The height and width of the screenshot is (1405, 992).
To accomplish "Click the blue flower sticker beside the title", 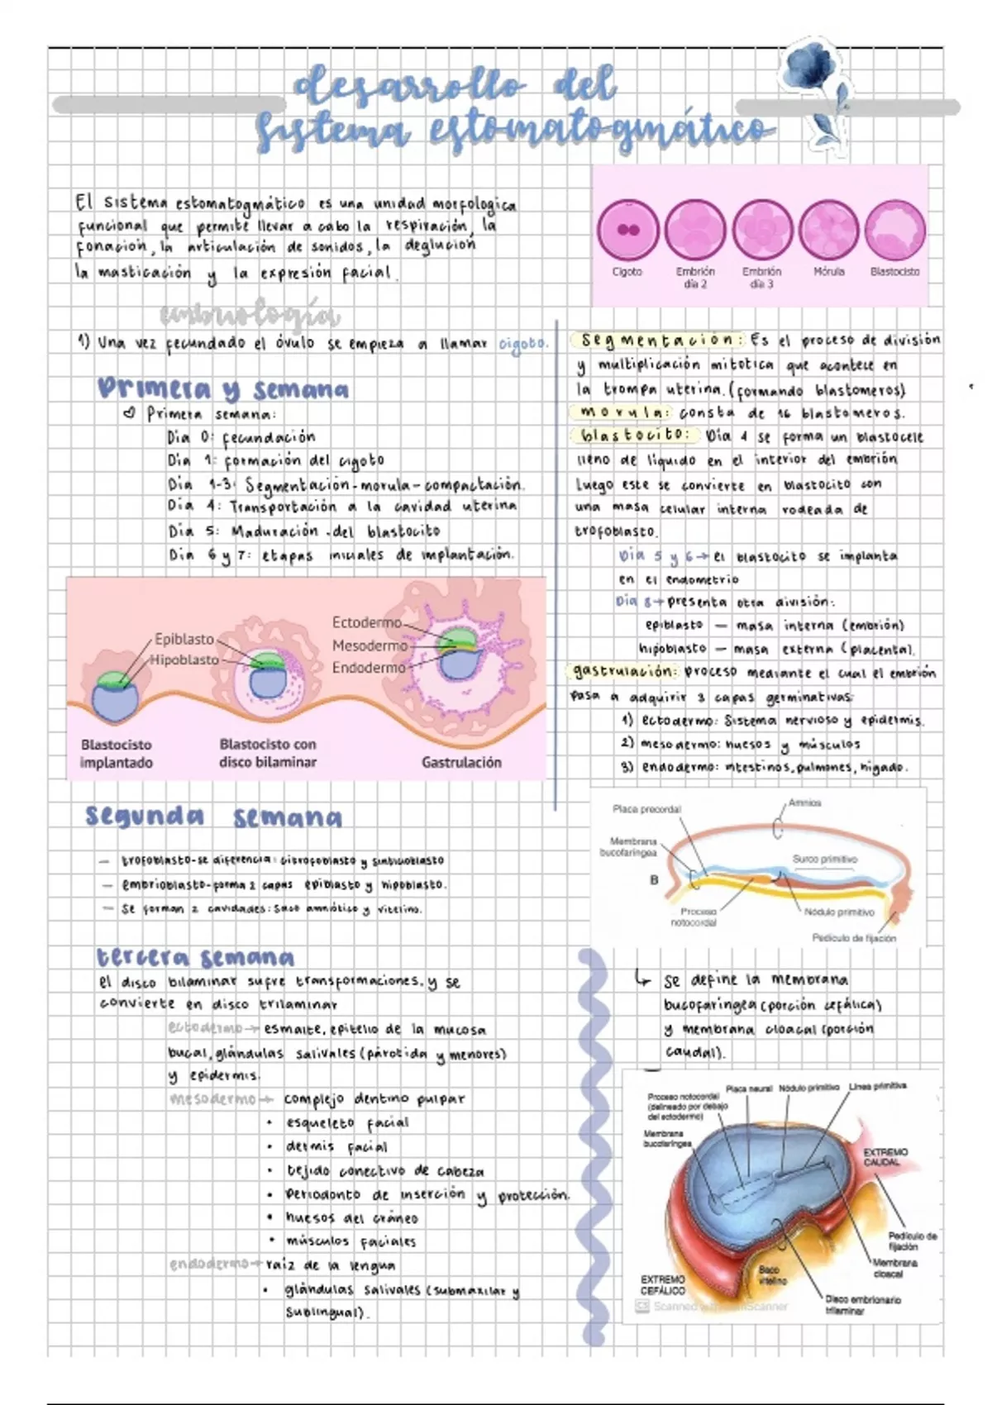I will pos(814,83).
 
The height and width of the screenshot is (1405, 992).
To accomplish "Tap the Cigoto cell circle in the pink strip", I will pos(628,231).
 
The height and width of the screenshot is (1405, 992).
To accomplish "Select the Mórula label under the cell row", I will pos(828,271).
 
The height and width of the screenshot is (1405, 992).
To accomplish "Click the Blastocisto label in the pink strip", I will pos(894,271).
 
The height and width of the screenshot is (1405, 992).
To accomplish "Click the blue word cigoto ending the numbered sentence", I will pos(523,343).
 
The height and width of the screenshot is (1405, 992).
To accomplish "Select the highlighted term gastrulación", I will pos(624,671).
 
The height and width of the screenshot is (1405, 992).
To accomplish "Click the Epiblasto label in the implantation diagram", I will pos(184,639).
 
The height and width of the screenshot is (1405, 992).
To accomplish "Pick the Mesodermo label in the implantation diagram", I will pos(370,645).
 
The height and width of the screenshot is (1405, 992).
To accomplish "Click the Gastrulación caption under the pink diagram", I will pos(461,762).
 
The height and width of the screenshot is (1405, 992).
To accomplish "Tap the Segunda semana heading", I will pos(213,817).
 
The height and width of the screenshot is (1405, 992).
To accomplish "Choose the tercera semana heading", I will pos(195,957).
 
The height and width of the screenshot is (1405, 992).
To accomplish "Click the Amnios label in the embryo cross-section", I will pos(804,803).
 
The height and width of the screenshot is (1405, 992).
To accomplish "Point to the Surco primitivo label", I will pos(824,860).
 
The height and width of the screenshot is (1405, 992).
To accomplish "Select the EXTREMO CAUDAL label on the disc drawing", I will pos(885,1157).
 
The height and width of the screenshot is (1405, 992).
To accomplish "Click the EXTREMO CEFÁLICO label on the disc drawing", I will pos(662,1284).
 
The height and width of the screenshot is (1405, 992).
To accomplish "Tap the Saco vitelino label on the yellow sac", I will pos(769,1274).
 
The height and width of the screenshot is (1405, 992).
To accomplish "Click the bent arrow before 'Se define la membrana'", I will pos(643,979).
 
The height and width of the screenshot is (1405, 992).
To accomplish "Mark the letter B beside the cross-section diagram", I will pos(654,880).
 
